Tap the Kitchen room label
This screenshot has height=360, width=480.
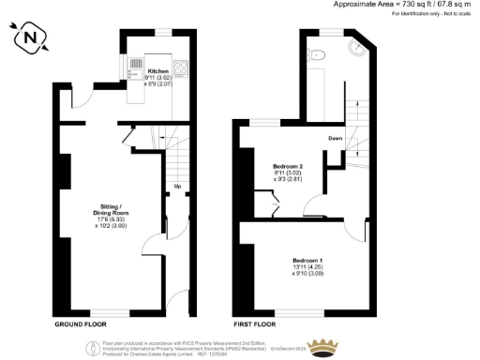click(x=157, y=71)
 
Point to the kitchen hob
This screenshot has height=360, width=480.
click(x=179, y=67)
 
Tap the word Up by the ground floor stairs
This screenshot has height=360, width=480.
click(x=178, y=186)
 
